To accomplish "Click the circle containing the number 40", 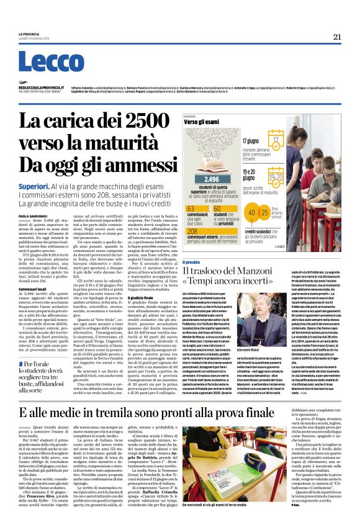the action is [253, 213].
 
